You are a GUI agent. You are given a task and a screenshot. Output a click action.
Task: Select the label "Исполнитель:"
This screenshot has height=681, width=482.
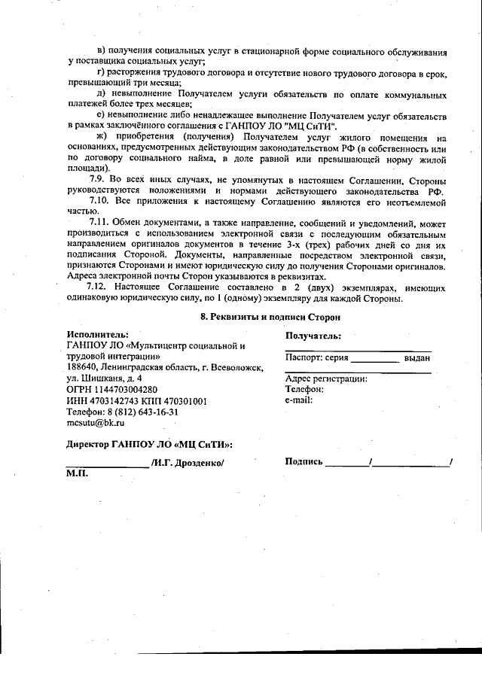97,334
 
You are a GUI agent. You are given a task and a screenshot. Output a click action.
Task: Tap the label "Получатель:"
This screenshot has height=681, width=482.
313,336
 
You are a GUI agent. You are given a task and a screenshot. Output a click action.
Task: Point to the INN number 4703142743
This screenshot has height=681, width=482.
110,401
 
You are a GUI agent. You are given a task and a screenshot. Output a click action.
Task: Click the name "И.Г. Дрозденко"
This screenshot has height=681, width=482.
188,463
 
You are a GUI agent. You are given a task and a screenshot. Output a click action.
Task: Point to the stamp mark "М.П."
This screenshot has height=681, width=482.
78,475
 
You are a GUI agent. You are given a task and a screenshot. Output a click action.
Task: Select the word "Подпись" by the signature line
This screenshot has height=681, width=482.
304,461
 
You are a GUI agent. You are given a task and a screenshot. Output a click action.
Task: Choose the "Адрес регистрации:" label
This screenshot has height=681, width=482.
325,379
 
